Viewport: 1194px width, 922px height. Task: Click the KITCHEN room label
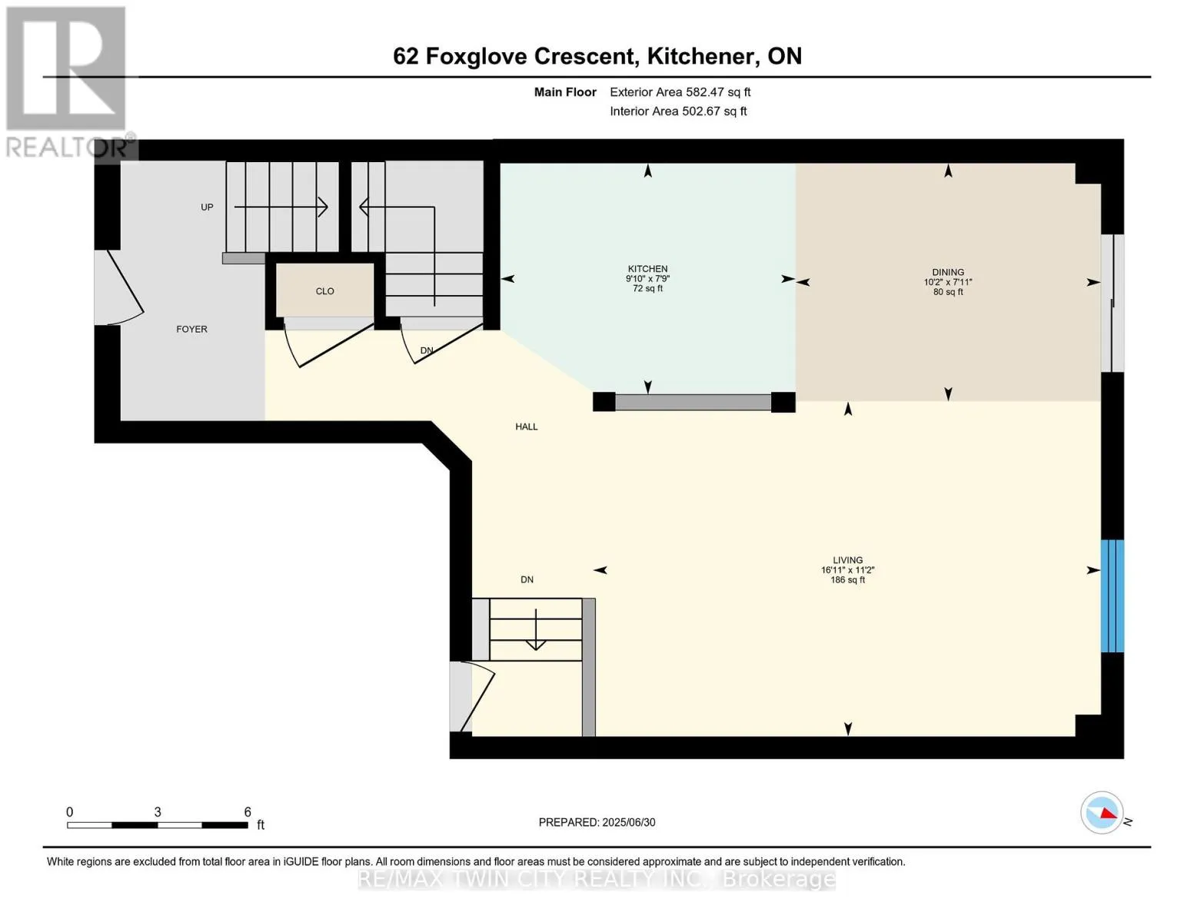click(x=648, y=268)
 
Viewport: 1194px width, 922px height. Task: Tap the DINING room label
click(x=948, y=272)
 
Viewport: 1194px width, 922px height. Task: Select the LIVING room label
click(x=847, y=560)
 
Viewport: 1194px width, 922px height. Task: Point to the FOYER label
click(x=191, y=329)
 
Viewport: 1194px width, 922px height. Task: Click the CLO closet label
click(x=324, y=291)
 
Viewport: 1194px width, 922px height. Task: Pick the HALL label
click(x=527, y=426)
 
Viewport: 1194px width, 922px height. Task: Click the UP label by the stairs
click(x=207, y=207)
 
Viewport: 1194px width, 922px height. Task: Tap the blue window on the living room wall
click(x=1113, y=595)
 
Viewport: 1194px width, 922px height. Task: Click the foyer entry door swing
click(x=125, y=288)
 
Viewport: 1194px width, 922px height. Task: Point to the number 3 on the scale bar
click(x=158, y=812)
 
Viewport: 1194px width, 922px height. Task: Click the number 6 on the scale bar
click(x=248, y=812)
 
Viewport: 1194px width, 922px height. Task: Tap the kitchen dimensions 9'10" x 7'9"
click(x=648, y=278)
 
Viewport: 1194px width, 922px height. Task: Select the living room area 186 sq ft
click(x=848, y=580)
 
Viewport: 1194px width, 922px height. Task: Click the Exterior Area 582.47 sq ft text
click(x=680, y=92)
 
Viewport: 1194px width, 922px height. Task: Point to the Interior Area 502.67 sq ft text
click(x=678, y=111)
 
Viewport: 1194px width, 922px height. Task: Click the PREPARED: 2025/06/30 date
click(x=597, y=822)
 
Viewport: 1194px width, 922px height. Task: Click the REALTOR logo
click(x=69, y=83)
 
